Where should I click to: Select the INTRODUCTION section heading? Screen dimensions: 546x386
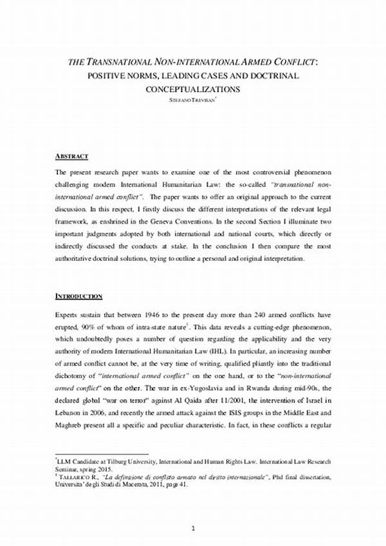pyautogui.click(x=78, y=296)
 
